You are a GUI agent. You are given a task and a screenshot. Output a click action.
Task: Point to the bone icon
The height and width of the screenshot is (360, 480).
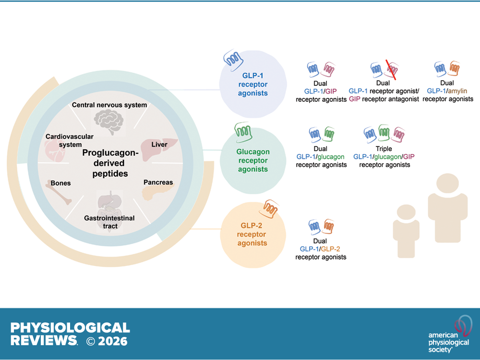click(x=61, y=194)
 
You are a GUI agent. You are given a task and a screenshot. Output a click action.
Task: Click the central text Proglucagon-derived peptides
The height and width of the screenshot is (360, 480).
click(x=110, y=163)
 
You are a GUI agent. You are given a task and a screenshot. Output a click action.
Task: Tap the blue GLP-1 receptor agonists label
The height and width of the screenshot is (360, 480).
click(x=252, y=84)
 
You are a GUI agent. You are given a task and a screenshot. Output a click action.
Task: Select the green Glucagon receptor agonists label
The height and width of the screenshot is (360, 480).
click(x=252, y=160)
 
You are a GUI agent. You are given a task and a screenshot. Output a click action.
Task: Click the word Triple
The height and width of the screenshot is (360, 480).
click(x=384, y=149)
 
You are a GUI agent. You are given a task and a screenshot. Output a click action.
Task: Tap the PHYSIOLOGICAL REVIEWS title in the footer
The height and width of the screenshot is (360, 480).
click(x=70, y=334)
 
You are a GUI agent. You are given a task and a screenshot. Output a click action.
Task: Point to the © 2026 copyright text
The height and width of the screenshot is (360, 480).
click(x=107, y=341)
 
